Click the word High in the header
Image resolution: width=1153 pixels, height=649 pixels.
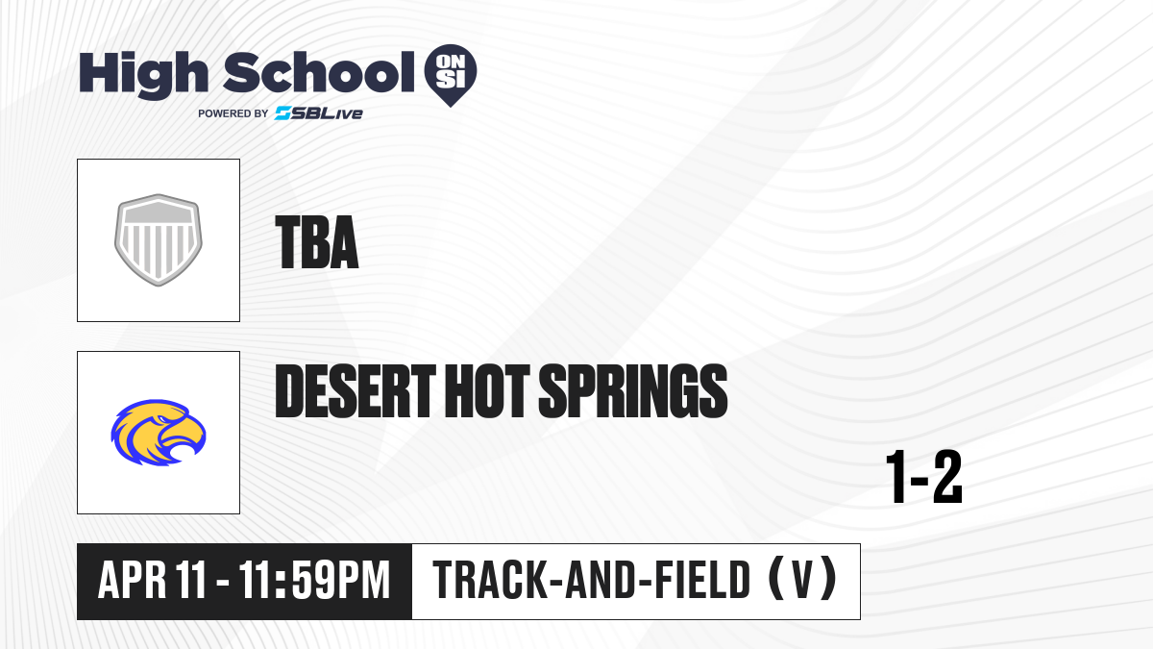(143, 75)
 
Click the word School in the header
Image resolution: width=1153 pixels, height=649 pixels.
(319, 72)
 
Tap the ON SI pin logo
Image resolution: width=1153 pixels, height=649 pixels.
(451, 75)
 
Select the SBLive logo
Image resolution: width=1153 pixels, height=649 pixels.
(319, 113)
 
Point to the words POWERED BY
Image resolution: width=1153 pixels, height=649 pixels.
(233, 113)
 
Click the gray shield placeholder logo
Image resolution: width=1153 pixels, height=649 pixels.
(158, 240)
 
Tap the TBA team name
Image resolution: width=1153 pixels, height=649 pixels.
(316, 242)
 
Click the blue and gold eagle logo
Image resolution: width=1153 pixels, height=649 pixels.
(159, 433)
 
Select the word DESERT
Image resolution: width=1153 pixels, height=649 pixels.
(356, 390)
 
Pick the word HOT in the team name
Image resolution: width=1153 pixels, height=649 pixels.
(487, 390)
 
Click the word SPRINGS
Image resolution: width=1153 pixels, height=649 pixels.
(633, 390)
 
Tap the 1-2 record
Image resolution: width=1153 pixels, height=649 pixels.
(924, 477)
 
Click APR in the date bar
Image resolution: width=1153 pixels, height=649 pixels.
(133, 581)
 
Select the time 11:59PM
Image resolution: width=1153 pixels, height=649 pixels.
(314, 581)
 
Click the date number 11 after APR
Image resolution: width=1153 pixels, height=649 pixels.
(191, 581)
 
